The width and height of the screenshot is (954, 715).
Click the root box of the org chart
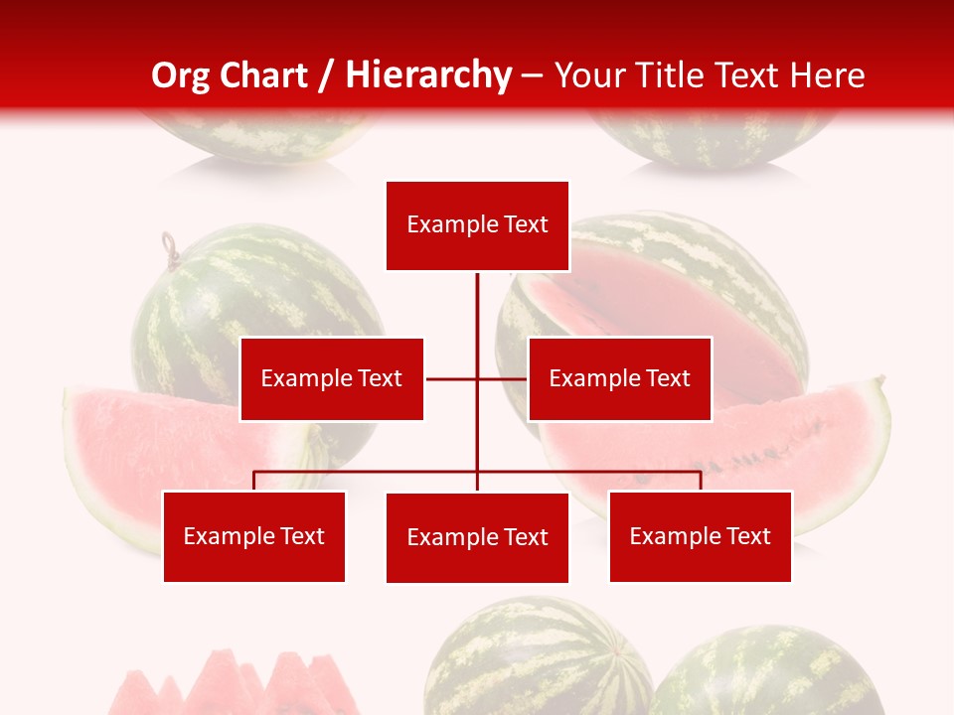point(477,225)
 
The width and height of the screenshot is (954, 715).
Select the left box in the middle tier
point(331,378)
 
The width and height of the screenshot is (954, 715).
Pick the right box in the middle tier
point(619,378)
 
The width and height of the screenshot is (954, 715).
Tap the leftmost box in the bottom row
point(253,536)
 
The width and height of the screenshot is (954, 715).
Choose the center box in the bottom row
point(477,537)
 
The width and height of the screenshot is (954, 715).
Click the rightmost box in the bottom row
point(700,536)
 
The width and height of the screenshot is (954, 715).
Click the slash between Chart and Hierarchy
point(326,75)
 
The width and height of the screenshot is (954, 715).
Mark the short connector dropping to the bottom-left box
point(253,481)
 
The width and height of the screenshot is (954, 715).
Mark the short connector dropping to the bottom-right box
point(701,481)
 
